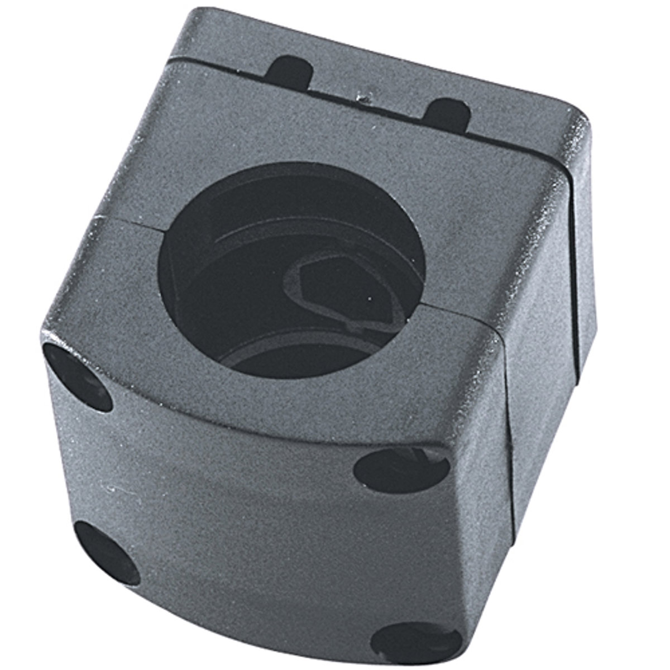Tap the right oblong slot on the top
[447, 114]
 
